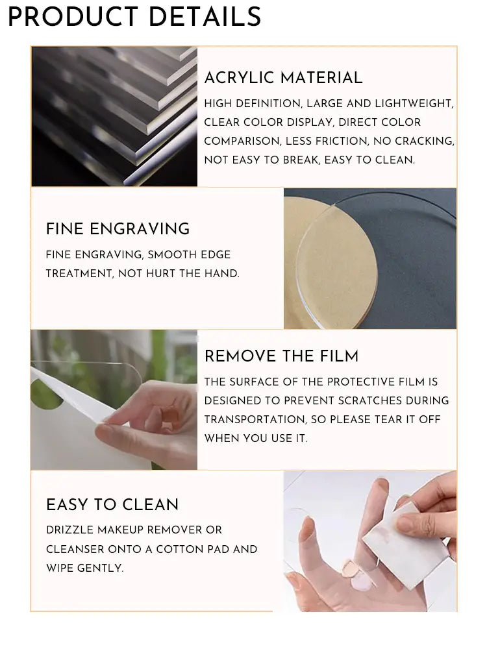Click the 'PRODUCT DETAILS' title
click(134, 17)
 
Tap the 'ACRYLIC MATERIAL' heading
click(283, 78)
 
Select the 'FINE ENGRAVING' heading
click(118, 228)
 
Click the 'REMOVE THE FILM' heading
click(281, 356)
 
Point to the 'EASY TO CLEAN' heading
click(112, 504)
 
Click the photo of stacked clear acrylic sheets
click(114, 116)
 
